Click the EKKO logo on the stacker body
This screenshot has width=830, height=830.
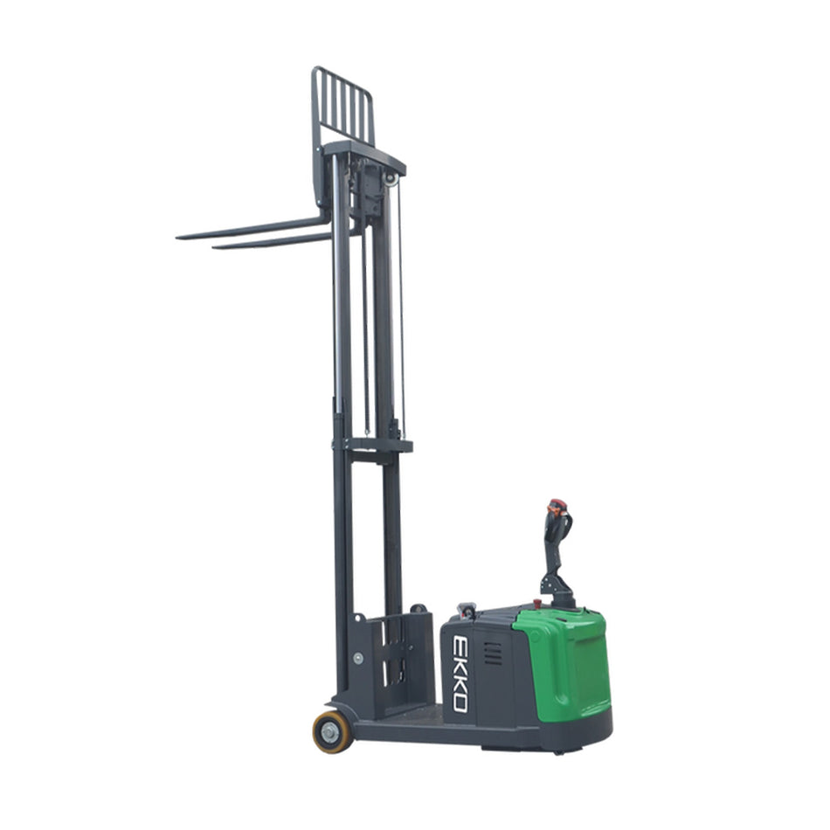(x=460, y=674)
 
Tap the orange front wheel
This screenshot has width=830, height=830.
(x=332, y=731)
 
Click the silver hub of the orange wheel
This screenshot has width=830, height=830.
(x=330, y=733)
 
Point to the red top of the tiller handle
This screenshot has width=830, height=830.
(x=557, y=503)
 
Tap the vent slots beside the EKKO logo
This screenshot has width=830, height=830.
(x=493, y=654)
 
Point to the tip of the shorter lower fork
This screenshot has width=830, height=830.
(x=213, y=246)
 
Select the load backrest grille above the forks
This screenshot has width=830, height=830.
(x=343, y=107)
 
